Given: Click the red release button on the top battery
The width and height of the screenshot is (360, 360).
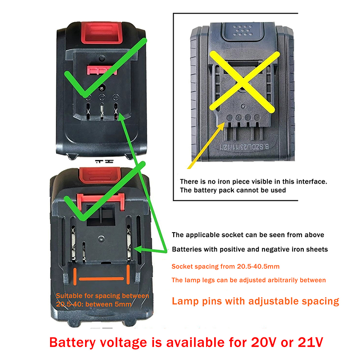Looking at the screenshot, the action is pyautogui.click(x=102, y=32).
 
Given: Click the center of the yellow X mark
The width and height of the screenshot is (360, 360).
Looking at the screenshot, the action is pyautogui.click(x=243, y=83).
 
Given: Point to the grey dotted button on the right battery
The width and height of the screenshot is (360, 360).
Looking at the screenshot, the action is pyautogui.click(x=243, y=31).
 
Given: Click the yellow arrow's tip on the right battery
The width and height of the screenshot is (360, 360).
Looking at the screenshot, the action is pyautogui.click(x=224, y=123).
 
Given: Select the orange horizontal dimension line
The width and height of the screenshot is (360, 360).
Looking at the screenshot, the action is pyautogui.click(x=101, y=279).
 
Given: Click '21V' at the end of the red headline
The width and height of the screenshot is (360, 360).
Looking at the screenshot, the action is pyautogui.click(x=310, y=342).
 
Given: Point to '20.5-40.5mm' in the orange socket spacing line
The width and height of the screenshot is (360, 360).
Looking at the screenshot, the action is pyautogui.click(x=258, y=266).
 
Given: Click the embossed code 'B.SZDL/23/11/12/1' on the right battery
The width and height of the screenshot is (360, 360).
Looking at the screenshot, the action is pyautogui.click(x=244, y=147).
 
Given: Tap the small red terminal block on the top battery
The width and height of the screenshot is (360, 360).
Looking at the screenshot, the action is pyautogui.click(x=102, y=70).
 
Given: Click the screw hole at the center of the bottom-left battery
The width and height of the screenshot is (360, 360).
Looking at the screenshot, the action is pyautogui.click(x=101, y=238).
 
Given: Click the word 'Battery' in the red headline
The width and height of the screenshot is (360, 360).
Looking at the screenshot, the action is pyautogui.click(x=72, y=343).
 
